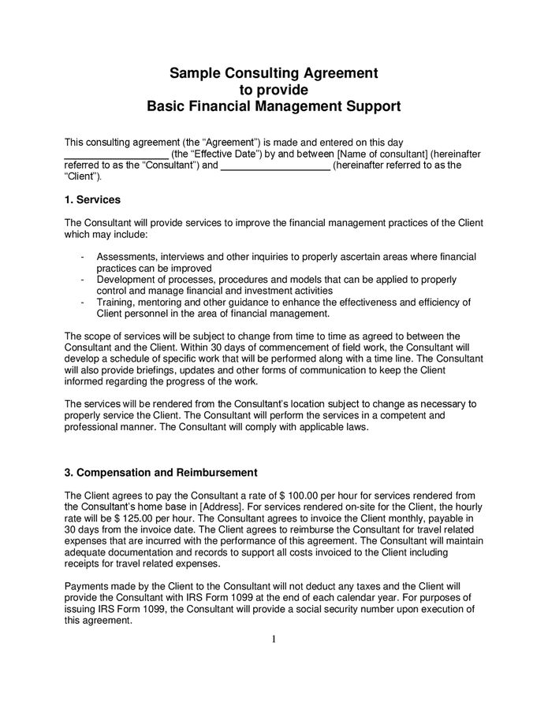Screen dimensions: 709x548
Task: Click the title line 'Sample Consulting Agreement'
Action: pos(274,73)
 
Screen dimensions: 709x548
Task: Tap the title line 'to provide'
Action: pos(274,89)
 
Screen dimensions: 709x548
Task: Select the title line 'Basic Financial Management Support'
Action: pos(274,106)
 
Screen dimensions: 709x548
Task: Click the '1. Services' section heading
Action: pos(92,200)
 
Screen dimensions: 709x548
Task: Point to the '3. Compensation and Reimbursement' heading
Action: pos(161,473)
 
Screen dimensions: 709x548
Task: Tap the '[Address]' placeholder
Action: pos(222,507)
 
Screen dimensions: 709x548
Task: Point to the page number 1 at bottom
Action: pos(274,639)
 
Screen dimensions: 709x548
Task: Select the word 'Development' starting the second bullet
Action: pos(127,280)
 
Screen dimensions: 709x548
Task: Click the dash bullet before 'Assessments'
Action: pos(84,258)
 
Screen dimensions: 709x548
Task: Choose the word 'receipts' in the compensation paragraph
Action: pos(83,564)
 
